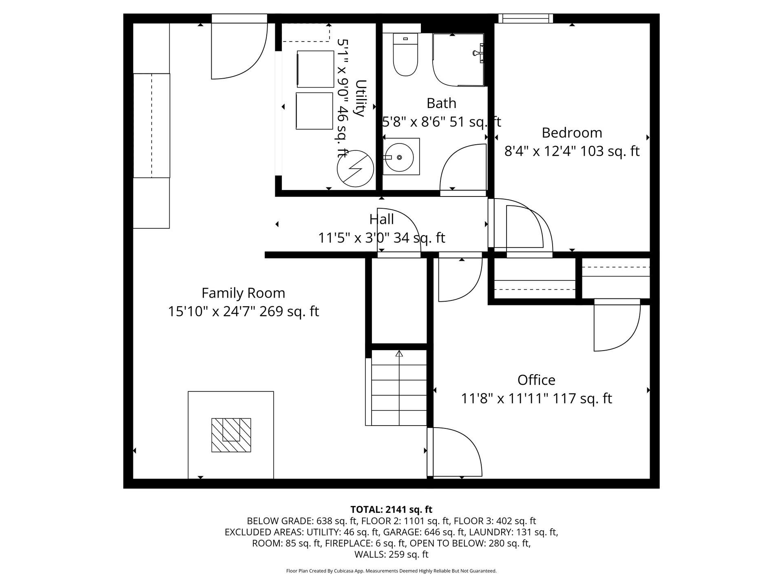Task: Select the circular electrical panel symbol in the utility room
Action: click(355, 169)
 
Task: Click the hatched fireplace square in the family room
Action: click(231, 435)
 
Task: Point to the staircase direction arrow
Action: click(399, 354)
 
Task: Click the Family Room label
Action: click(243, 293)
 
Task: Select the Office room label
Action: click(536, 380)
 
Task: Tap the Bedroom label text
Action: click(571, 133)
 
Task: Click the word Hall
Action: click(381, 219)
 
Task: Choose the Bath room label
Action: click(441, 103)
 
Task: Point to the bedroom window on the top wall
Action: click(525, 18)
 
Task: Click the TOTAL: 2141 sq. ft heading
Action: click(391, 510)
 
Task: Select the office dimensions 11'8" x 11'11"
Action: click(506, 398)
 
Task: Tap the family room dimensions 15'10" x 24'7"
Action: click(212, 311)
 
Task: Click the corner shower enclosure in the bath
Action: click(458, 60)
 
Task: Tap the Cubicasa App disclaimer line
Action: click(391, 571)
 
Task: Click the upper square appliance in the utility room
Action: click(315, 69)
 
